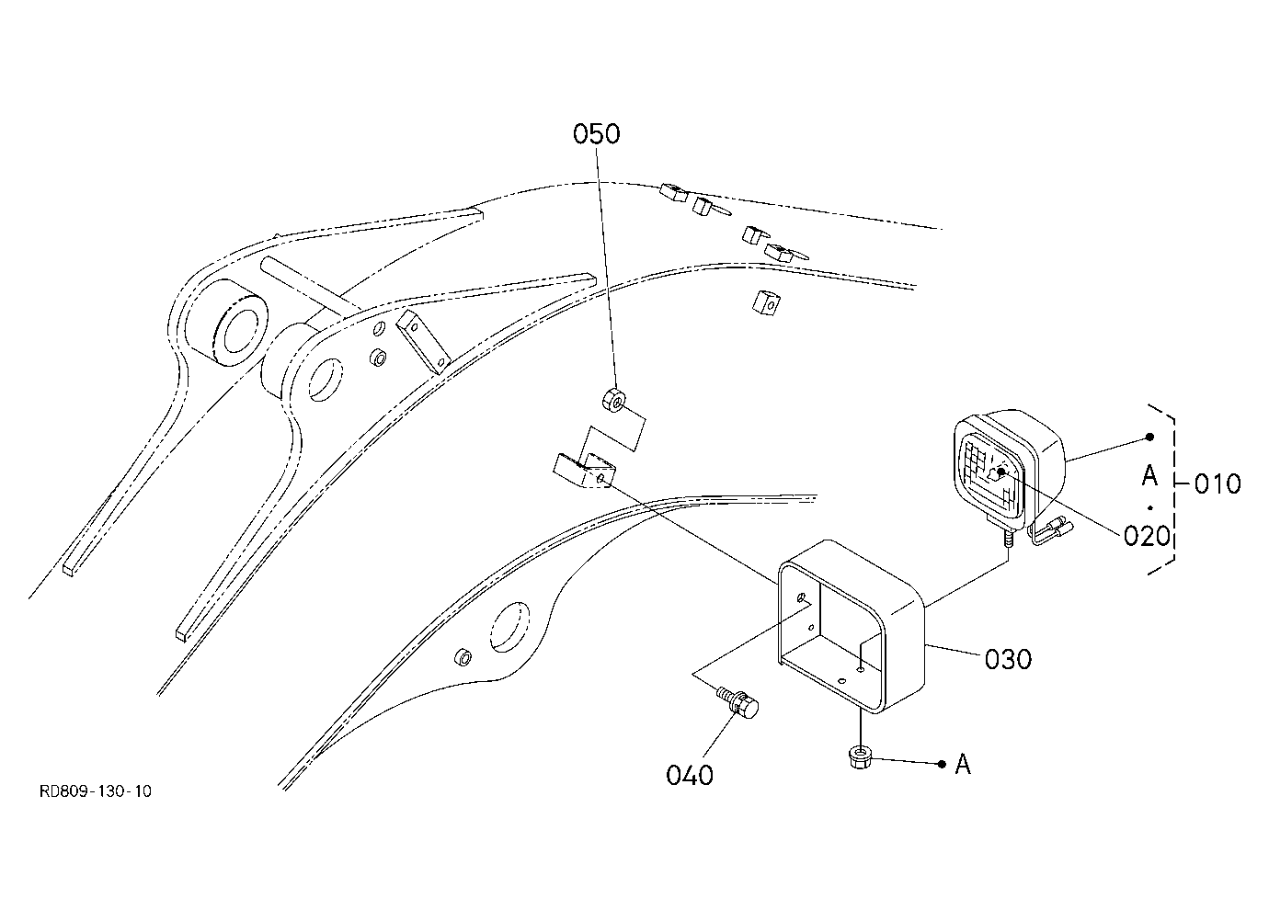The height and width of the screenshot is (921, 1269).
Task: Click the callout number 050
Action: (x=596, y=134)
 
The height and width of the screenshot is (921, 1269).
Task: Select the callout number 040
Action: (x=690, y=776)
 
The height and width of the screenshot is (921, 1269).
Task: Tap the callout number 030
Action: (x=1009, y=659)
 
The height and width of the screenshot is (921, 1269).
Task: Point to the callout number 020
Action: (x=1147, y=536)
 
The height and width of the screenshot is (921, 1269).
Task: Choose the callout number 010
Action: (x=1218, y=483)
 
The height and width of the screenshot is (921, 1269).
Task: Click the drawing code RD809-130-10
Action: (x=96, y=791)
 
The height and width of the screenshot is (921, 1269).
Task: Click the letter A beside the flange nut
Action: (x=963, y=765)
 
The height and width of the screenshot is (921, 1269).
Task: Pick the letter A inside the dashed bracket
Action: (x=1149, y=475)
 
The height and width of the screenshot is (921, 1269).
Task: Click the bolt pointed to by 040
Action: (x=737, y=703)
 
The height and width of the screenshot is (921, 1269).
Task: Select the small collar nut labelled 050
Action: (x=613, y=400)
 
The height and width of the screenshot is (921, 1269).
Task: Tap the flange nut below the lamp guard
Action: (x=860, y=757)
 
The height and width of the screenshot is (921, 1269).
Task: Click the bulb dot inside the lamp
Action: (x=1001, y=472)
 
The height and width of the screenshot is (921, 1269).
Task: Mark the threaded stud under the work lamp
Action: (x=1008, y=537)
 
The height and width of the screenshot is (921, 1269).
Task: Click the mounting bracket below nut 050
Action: (x=584, y=470)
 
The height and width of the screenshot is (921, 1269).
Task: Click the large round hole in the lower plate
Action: (x=509, y=627)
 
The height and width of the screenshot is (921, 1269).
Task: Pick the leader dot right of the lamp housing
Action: (x=1149, y=437)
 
